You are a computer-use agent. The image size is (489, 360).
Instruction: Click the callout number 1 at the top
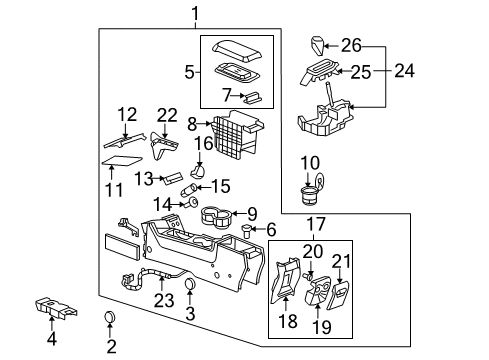(x=196, y=13)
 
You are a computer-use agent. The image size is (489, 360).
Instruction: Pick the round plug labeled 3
(x=188, y=290)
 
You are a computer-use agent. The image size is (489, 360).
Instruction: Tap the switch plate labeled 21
(x=342, y=291)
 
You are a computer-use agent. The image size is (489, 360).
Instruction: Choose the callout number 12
(x=126, y=113)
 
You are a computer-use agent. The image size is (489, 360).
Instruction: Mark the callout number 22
(x=166, y=117)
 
